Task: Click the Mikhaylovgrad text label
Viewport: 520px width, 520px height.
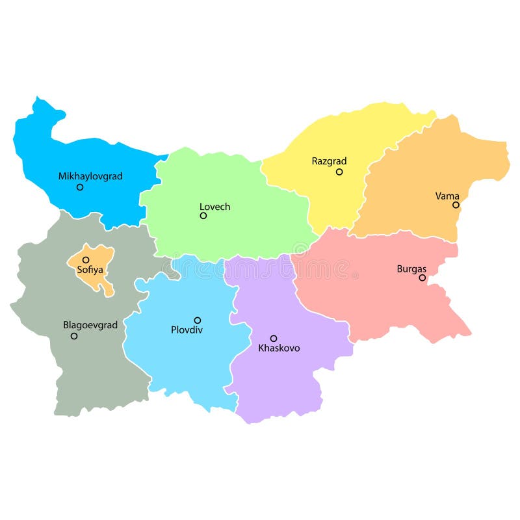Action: tap(90, 176)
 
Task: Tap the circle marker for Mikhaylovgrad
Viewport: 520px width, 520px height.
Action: tap(80, 187)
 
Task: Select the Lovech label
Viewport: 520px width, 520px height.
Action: tap(214, 207)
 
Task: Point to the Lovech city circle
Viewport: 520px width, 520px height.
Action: tap(203, 216)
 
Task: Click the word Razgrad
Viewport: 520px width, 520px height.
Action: tap(329, 161)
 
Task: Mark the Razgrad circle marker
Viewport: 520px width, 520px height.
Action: tap(339, 172)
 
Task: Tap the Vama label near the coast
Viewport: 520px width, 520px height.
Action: tap(447, 196)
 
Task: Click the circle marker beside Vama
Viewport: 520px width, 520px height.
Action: tap(456, 205)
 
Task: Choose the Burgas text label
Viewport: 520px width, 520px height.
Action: tap(411, 268)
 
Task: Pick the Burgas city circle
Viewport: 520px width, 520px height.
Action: tap(422, 278)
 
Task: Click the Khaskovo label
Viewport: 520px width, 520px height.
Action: tap(279, 348)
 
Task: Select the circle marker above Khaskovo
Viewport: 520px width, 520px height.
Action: tap(274, 338)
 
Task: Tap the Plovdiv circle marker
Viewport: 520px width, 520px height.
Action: tap(198, 320)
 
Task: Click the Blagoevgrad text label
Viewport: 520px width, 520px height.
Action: tap(90, 325)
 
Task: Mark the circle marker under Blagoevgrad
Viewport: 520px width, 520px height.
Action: tap(74, 336)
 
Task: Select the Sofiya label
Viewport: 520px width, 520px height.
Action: tap(90, 270)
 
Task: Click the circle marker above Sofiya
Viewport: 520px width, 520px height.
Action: tap(86, 259)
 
